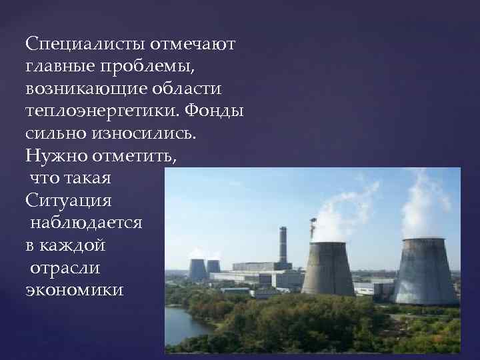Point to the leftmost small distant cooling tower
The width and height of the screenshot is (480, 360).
point(197,269)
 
